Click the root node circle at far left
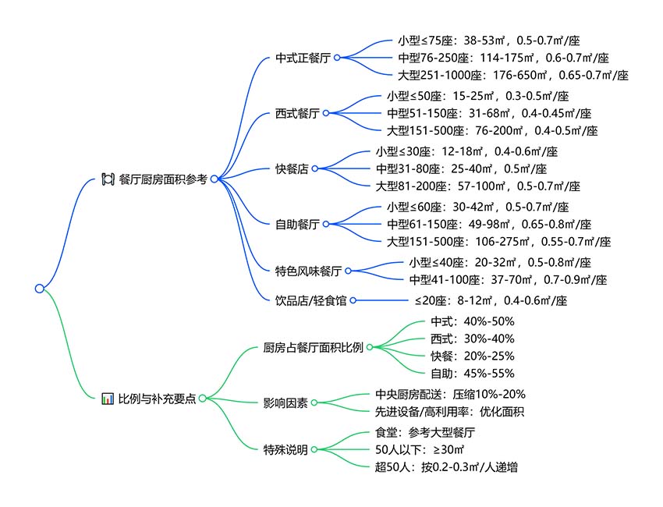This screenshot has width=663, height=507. [x=39, y=289]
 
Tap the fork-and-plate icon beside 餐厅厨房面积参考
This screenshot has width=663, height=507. [x=108, y=179]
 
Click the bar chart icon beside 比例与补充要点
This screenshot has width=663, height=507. [x=108, y=399]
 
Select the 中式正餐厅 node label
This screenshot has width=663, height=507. [x=303, y=58]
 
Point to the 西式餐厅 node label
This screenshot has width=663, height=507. [x=297, y=113]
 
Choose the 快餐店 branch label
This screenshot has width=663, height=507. [x=292, y=168]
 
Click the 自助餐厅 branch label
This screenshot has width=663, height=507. [x=297, y=224]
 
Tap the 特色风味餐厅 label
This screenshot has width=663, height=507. [x=308, y=271]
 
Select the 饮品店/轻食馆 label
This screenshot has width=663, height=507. [x=310, y=300]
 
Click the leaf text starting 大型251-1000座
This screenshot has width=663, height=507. [x=513, y=75]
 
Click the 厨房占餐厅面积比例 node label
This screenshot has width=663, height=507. [x=314, y=348]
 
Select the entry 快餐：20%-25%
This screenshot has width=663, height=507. [x=473, y=356]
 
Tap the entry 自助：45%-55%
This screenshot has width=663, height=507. [x=473, y=374]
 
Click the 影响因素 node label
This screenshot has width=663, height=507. [x=285, y=403]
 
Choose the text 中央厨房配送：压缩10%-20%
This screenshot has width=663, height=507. [x=450, y=395]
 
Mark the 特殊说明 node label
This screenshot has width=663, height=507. [x=285, y=449]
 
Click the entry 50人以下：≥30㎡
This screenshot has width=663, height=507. [x=420, y=449]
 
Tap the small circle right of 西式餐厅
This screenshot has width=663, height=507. [x=326, y=113]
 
